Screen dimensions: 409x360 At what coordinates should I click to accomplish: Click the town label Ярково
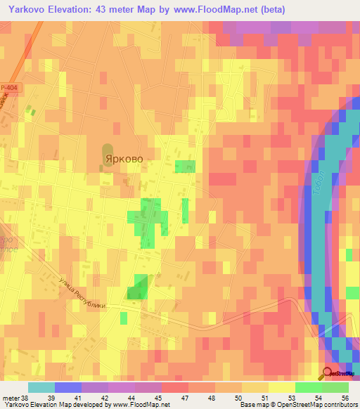(124, 160)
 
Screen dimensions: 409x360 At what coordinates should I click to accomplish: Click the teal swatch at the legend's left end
(41, 387)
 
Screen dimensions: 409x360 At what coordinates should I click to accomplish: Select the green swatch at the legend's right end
(335, 387)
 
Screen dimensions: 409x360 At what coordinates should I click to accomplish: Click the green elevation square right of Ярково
(185, 167)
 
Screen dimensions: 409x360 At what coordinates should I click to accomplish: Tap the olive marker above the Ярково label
(108, 150)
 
